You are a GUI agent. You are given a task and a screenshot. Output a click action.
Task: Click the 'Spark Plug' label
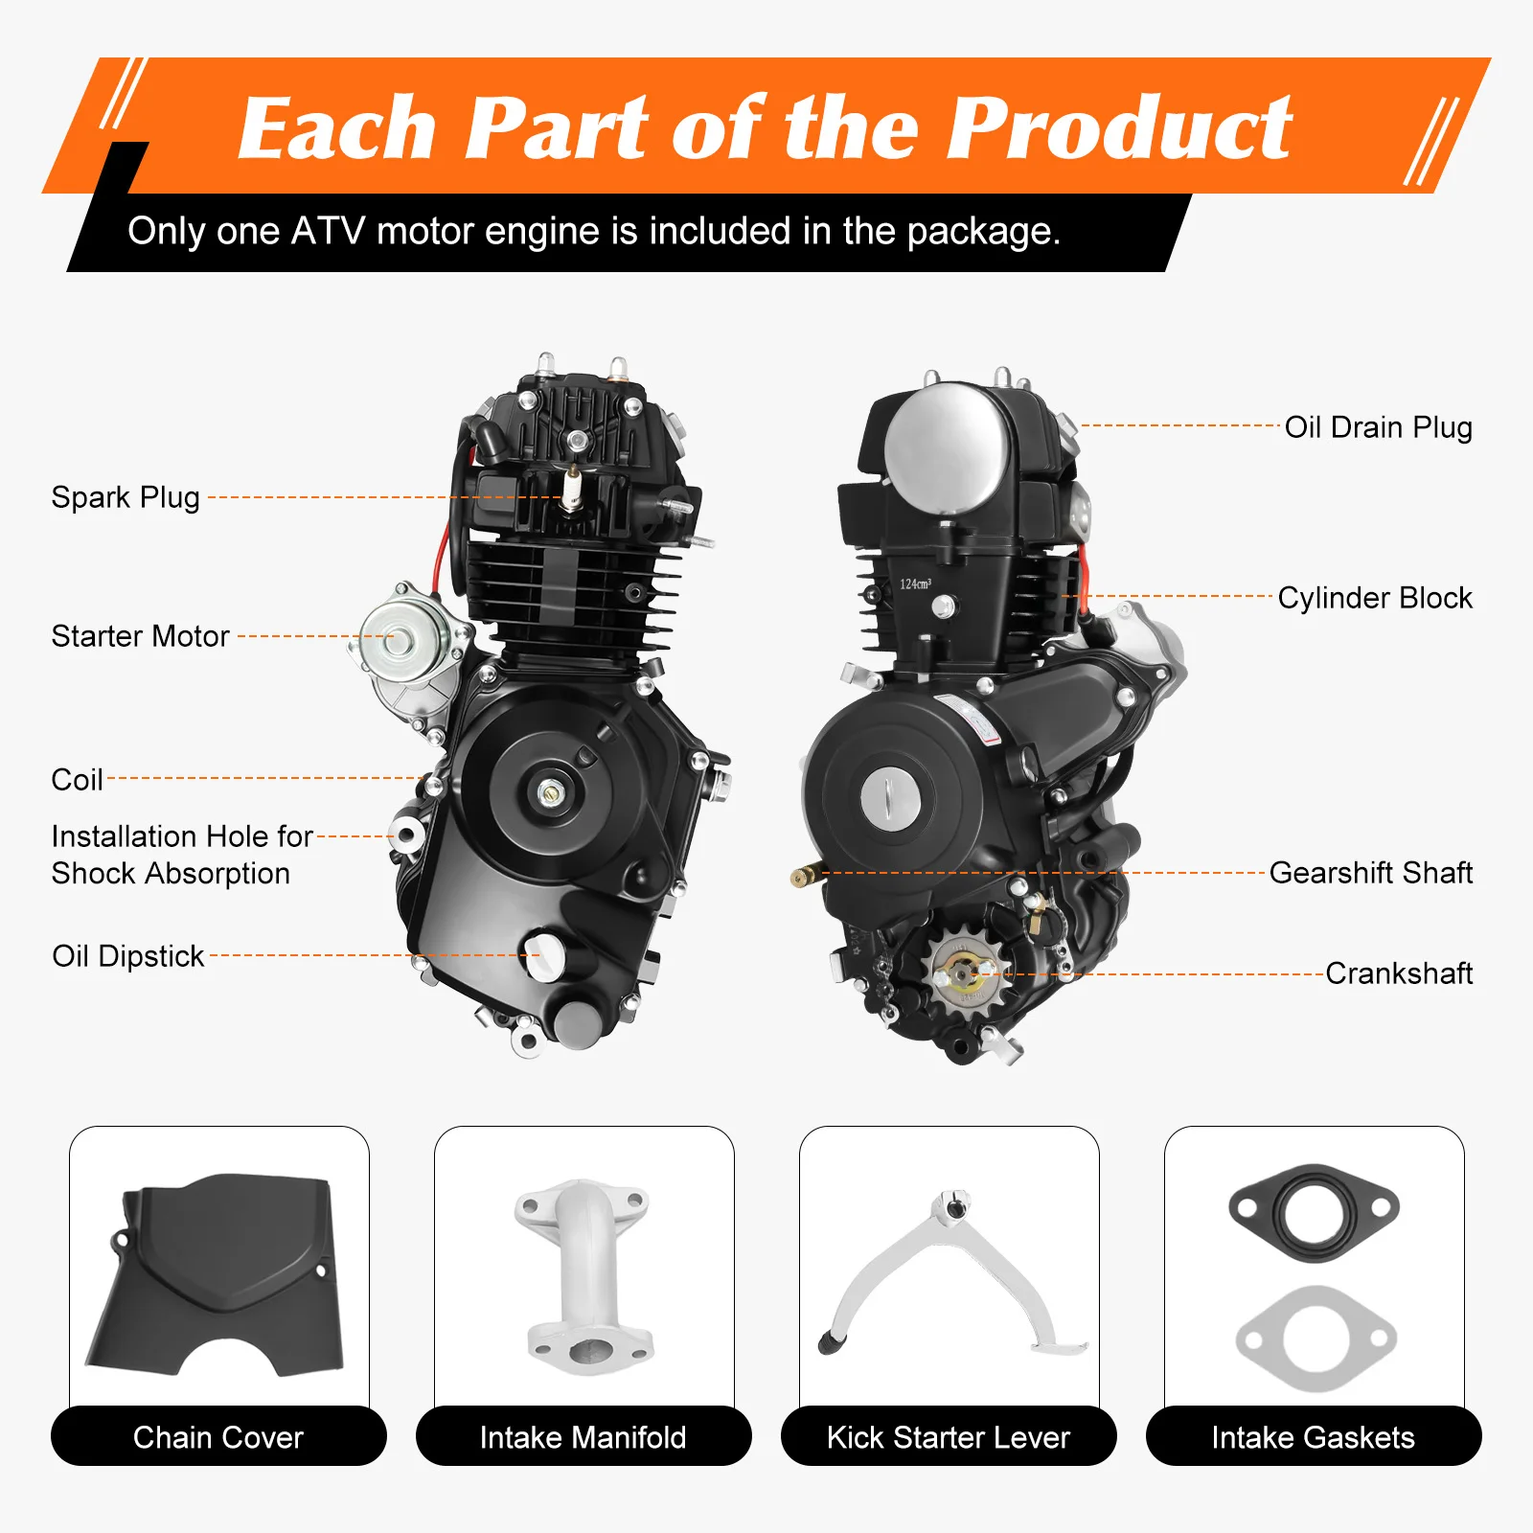126,497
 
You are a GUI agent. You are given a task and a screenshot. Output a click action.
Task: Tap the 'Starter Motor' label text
140,636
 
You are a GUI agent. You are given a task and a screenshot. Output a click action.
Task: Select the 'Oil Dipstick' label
127,956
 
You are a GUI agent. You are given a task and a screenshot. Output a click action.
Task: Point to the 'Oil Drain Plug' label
1378,427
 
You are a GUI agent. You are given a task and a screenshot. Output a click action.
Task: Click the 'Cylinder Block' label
1374,598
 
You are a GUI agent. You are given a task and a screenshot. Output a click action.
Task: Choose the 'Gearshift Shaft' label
1370,873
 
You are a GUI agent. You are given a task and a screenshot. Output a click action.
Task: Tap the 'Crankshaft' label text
1398,973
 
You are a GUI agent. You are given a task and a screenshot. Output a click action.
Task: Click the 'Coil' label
77,780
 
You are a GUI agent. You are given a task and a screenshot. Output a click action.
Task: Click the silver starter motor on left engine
402,637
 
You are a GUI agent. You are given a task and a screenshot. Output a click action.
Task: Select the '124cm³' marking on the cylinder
915,583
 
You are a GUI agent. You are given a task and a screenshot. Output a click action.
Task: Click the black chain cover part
217,1265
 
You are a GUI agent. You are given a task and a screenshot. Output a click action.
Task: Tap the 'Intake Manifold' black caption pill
583,1436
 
